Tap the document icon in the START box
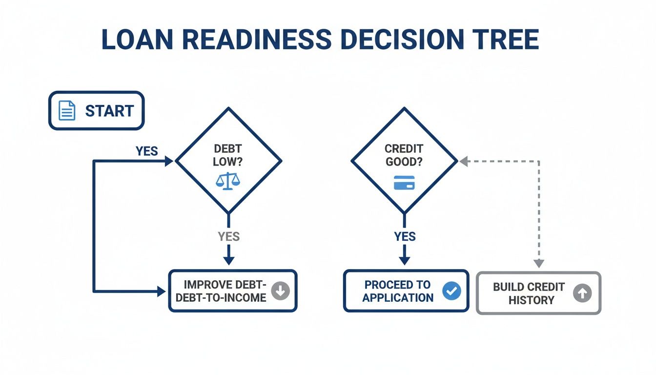pyautogui.click(x=67, y=110)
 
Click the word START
pyautogui.click(x=109, y=111)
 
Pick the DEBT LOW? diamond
pyautogui.click(x=228, y=160)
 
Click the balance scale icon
pyautogui.click(x=228, y=181)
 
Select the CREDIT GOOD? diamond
pyautogui.click(x=404, y=160)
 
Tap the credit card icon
pyautogui.click(x=404, y=183)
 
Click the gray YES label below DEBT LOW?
pyautogui.click(x=228, y=237)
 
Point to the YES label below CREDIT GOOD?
pyautogui.click(x=405, y=237)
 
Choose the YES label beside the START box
pyautogui.click(x=146, y=151)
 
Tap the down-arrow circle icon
pyautogui.click(x=281, y=291)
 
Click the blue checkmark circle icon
pyautogui.click(x=451, y=291)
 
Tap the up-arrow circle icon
pyautogui.click(x=582, y=293)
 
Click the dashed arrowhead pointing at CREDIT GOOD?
pyautogui.click(x=463, y=161)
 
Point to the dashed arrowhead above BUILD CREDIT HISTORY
pyautogui.click(x=538, y=263)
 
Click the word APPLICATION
pyautogui.click(x=398, y=297)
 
